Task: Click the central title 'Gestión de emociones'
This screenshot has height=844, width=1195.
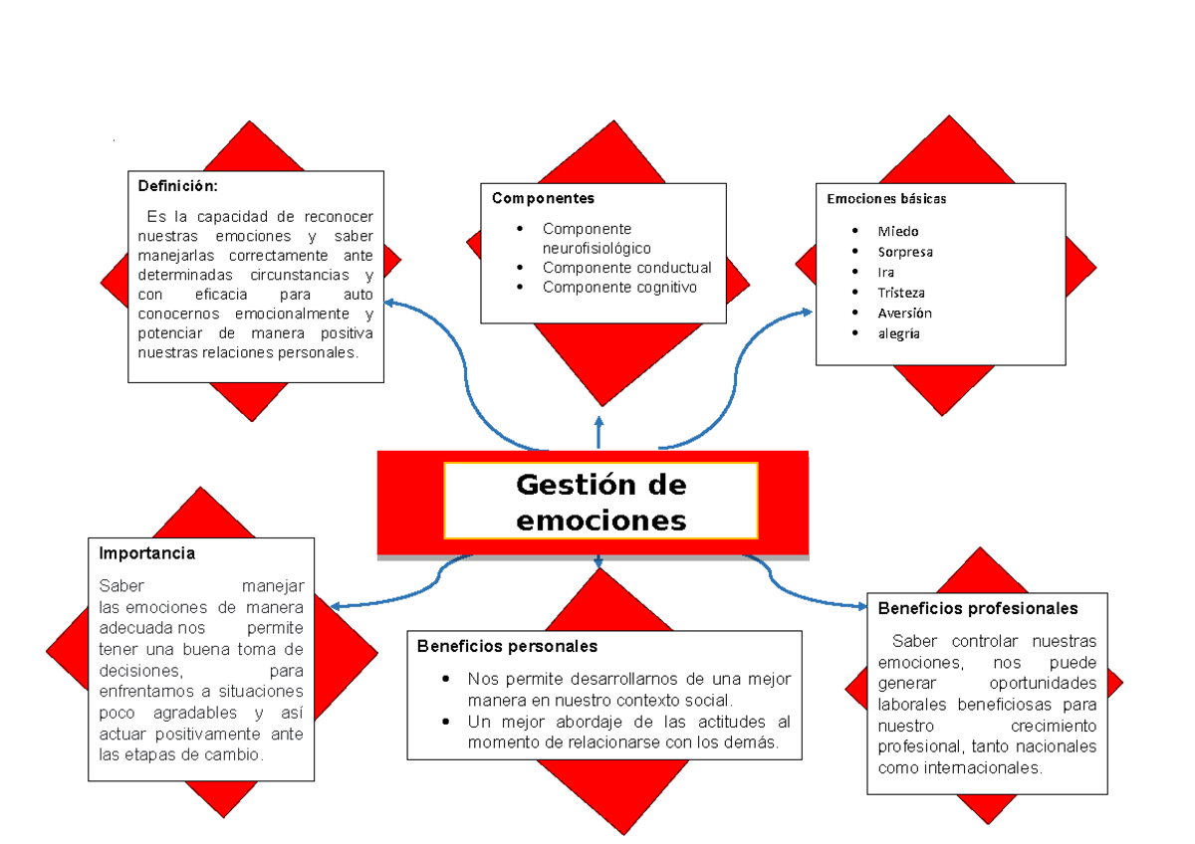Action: pyautogui.click(x=600, y=503)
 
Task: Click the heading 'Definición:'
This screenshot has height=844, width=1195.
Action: pyautogui.click(x=176, y=186)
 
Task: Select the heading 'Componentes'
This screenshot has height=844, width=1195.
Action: pyautogui.click(x=543, y=198)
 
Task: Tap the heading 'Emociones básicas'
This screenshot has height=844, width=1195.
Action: pyautogui.click(x=885, y=198)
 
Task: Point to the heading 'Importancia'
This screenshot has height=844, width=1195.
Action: pyautogui.click(x=146, y=552)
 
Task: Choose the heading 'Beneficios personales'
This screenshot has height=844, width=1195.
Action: pyautogui.click(x=507, y=646)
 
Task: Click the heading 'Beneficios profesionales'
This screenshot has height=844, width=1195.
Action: pyautogui.click(x=977, y=608)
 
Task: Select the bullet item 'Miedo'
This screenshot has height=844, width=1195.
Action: pyautogui.click(x=897, y=231)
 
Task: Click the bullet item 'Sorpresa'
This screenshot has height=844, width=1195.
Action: pyautogui.click(x=904, y=252)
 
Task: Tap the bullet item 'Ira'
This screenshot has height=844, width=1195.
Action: pyautogui.click(x=885, y=272)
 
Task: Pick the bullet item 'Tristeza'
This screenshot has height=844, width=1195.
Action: pyautogui.click(x=900, y=293)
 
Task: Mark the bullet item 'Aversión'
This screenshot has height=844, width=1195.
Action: pyautogui.click(x=904, y=313)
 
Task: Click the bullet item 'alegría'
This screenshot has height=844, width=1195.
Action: pyautogui.click(x=898, y=333)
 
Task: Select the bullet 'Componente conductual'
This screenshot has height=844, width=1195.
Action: pyautogui.click(x=626, y=268)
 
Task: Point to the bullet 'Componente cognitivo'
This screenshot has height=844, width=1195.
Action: pyautogui.click(x=619, y=288)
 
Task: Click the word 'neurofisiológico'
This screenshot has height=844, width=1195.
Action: pyautogui.click(x=597, y=248)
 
